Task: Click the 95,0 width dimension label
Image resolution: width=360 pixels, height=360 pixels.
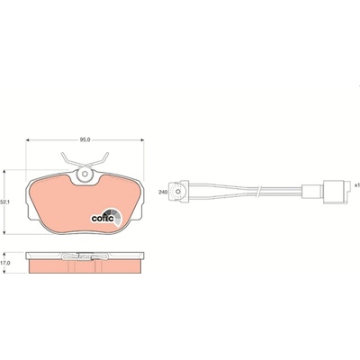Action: (85, 139)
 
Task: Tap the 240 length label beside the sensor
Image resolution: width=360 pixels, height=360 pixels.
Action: (163, 192)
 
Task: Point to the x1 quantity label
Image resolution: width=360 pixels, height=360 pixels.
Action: (356, 185)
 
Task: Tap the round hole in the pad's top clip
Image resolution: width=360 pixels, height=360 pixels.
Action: (85, 174)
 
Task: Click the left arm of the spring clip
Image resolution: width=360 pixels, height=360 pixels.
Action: (71, 159)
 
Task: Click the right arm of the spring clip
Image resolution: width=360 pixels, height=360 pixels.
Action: (97, 159)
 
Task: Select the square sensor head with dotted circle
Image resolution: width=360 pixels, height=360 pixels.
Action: (179, 192)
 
